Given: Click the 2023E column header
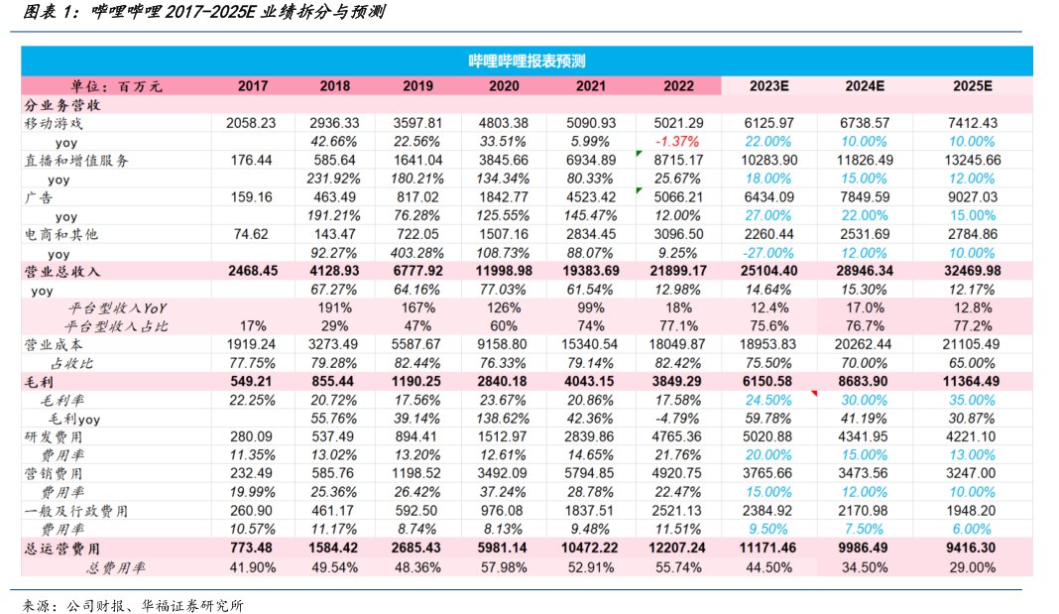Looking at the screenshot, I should tap(769, 85).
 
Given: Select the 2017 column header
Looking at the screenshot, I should tap(253, 85).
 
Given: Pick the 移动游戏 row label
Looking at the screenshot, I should tap(55, 123).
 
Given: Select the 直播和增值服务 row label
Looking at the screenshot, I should tap(77, 161).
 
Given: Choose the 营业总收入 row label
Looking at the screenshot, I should tap(62, 272).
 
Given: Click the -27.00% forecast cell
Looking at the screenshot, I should tap(769, 254).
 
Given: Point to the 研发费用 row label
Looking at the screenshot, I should tap(55, 437).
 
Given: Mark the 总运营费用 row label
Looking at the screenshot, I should tap(62, 549).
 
